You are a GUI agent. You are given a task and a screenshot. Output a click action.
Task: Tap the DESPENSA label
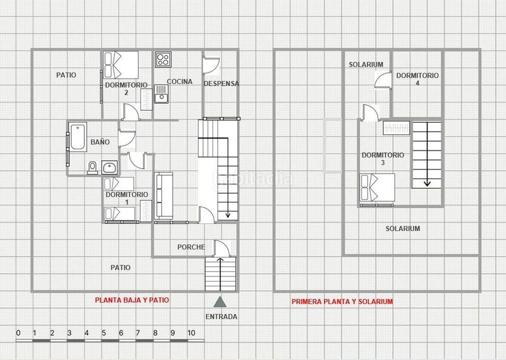pyautogui.click(x=221, y=84)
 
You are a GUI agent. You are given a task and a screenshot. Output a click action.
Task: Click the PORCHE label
pyautogui.click(x=190, y=247)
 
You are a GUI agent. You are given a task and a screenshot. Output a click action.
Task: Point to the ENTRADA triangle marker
pyautogui.click(x=219, y=302)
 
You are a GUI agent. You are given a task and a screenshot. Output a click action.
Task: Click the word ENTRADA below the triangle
pyautogui.click(x=221, y=316)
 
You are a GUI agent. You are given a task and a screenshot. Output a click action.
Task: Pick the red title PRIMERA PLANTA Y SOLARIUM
pyautogui.click(x=342, y=302)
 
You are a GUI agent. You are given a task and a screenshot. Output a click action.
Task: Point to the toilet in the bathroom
pyautogui.click(x=92, y=167)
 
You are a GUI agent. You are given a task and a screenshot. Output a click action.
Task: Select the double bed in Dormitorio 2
pyautogui.click(x=121, y=63)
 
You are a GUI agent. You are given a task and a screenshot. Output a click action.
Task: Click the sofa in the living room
pyautogui.click(x=164, y=196)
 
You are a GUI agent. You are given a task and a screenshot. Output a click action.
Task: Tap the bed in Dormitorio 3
pyautogui.click(x=377, y=188)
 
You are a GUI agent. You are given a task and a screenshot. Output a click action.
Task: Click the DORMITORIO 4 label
pyautogui.click(x=417, y=79)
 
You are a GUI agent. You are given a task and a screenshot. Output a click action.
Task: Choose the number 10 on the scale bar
pyautogui.click(x=191, y=332)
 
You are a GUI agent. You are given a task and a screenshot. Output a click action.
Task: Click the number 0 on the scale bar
pyautogui.click(x=18, y=332)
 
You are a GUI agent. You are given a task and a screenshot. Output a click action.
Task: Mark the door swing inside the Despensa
pyautogui.click(x=211, y=65)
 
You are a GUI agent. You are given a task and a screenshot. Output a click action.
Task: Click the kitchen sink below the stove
pyautogui.click(x=161, y=96)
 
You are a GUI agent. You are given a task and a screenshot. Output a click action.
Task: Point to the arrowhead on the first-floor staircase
pyautogui.click(x=428, y=183)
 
